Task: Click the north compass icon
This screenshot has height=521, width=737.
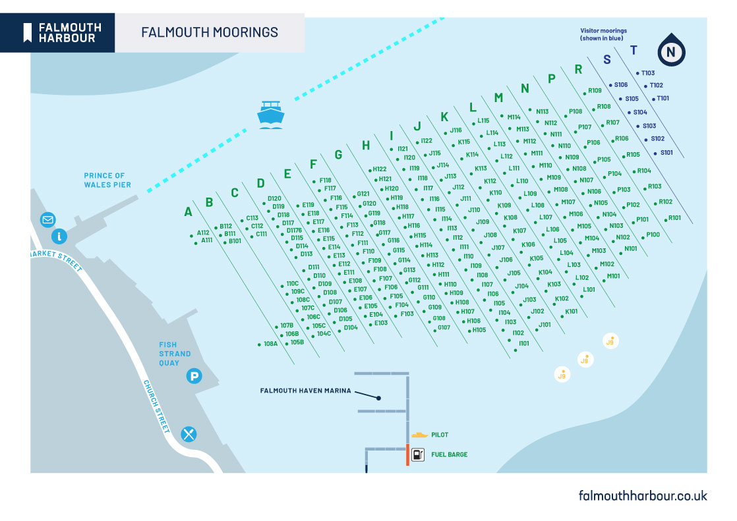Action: point(671,51)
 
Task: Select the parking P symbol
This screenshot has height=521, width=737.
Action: point(194,377)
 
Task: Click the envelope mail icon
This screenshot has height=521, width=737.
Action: point(47,219)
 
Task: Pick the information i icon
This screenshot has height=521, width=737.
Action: point(60,236)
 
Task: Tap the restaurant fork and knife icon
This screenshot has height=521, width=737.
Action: point(189,433)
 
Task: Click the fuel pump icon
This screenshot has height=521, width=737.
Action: point(418,454)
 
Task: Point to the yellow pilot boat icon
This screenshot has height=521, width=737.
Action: point(419,435)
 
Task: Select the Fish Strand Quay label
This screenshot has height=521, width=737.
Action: point(175,354)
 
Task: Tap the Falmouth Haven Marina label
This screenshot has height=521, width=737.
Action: point(305,391)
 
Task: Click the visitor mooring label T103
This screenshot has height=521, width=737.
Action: point(648,73)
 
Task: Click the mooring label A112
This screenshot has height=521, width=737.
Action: point(203,233)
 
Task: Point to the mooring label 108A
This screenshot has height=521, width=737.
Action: point(270,344)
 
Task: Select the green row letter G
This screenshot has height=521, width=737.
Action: point(338,155)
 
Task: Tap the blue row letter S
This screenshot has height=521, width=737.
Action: point(607,60)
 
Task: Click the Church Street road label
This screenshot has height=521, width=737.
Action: point(158,406)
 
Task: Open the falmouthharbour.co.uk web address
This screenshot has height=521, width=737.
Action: point(643,495)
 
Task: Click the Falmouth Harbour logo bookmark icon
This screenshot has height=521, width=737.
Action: point(28,32)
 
